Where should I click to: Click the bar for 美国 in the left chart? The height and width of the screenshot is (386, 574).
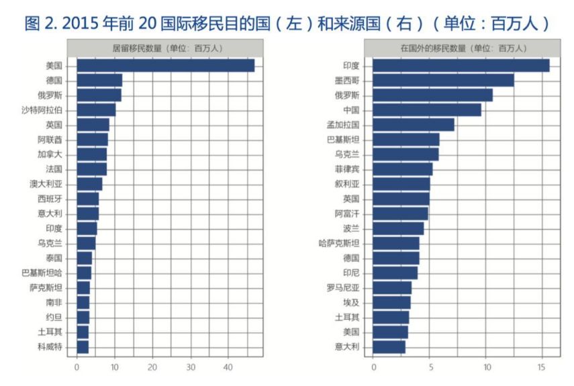[x=165, y=65]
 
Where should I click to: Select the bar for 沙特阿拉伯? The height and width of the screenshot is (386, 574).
[x=96, y=109]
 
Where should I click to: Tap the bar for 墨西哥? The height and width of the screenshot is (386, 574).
[x=443, y=81]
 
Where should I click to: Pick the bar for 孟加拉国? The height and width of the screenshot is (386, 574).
[x=414, y=125]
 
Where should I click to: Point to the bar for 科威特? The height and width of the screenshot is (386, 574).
[x=83, y=346]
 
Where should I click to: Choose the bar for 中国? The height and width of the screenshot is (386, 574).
[x=427, y=110]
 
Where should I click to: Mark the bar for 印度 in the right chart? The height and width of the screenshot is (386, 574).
[x=461, y=66]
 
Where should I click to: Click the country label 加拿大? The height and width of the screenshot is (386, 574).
[x=50, y=154]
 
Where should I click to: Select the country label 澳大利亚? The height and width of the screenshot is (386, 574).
[x=46, y=184]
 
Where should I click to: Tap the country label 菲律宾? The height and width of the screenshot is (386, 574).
[x=346, y=169]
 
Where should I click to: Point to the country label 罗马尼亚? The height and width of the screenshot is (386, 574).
[x=343, y=287]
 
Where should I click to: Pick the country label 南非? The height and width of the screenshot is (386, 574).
[x=54, y=302]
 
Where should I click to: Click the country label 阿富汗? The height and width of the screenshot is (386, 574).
[x=346, y=213]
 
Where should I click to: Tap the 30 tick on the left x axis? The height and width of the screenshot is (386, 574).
[x=191, y=367]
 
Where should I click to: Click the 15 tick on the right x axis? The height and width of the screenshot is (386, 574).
[x=541, y=367]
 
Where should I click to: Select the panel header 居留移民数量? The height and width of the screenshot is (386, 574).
[x=169, y=48]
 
